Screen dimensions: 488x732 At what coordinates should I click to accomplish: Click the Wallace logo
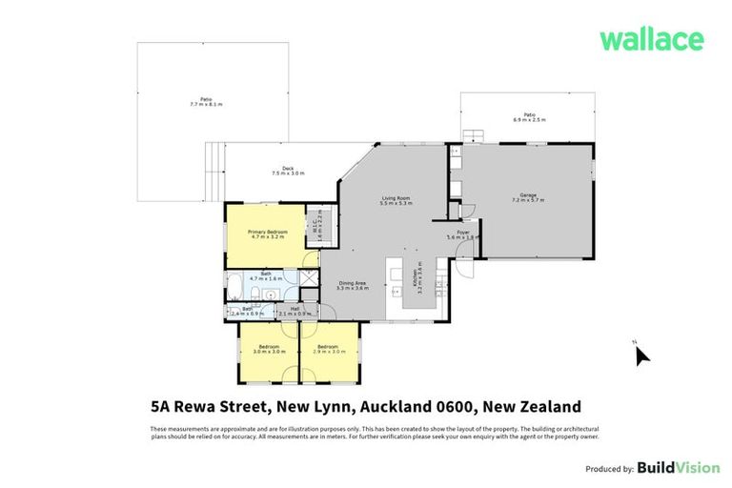[652, 39]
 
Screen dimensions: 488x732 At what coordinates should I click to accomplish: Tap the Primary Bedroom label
[268, 234]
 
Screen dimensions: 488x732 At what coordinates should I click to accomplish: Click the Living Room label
[396, 200]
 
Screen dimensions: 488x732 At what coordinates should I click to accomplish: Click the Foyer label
[462, 234]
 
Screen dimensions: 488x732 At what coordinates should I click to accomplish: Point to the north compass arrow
[641, 355]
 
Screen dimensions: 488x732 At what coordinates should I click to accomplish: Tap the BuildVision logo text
[679, 468]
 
